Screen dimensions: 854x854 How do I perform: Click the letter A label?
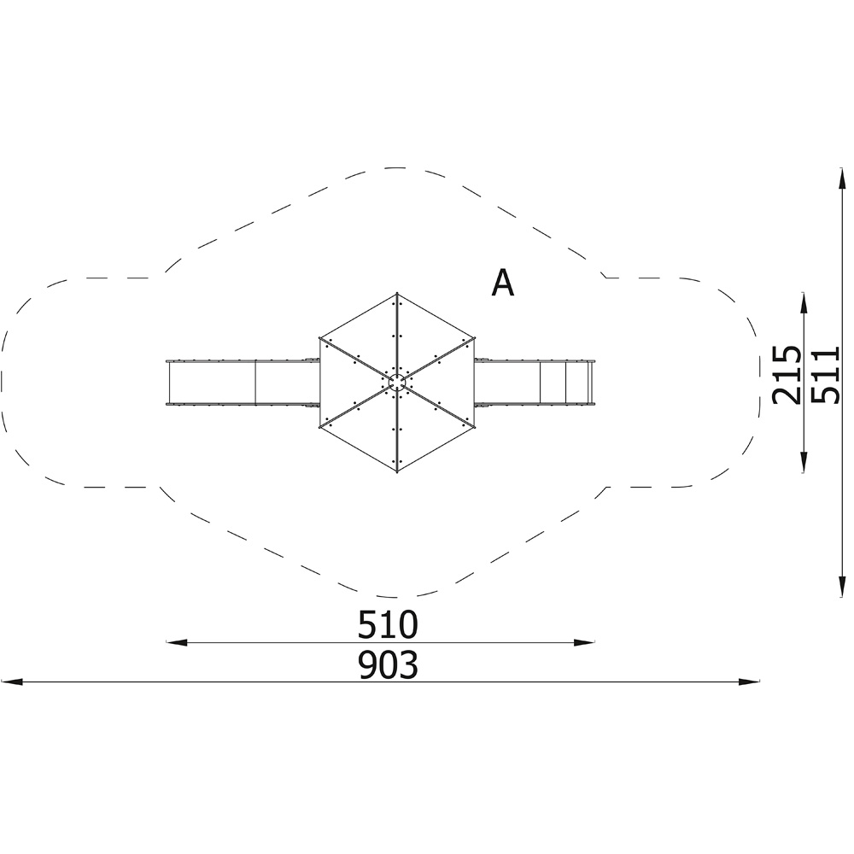(x=502, y=283)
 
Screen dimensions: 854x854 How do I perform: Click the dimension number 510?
(x=388, y=625)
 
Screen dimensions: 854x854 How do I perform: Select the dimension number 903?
(x=388, y=665)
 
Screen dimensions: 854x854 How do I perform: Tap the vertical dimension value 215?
(x=787, y=374)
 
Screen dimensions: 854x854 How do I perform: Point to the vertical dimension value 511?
(x=826, y=375)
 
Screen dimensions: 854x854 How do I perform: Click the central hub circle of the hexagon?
(x=397, y=383)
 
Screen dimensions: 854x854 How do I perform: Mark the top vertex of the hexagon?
(x=397, y=293)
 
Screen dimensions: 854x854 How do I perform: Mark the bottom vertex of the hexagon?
(x=397, y=471)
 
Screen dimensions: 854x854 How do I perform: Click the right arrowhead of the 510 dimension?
(x=584, y=643)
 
